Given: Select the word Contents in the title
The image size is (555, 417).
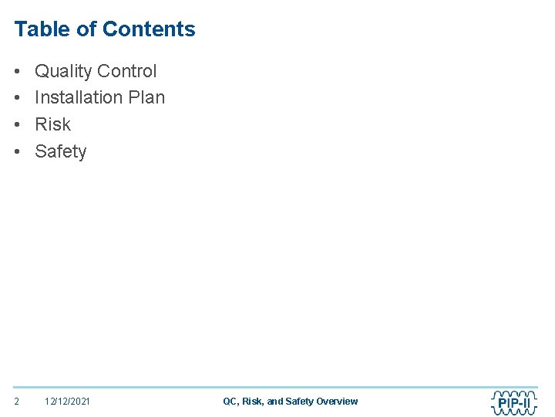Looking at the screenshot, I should (149, 29).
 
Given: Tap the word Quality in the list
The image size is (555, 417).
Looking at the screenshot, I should (64, 71).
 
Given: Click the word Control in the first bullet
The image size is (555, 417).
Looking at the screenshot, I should (127, 71).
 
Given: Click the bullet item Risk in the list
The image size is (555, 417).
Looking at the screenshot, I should (52, 124).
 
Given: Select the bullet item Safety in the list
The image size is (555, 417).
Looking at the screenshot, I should (61, 151).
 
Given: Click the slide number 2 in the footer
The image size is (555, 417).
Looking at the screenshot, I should (17, 402).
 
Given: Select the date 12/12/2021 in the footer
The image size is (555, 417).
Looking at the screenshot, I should (67, 402).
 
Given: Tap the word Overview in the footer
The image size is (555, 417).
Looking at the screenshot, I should (337, 402).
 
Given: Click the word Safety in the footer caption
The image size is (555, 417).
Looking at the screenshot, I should (299, 402).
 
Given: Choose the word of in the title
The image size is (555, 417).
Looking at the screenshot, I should (89, 29).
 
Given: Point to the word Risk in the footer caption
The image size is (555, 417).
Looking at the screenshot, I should (253, 402).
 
